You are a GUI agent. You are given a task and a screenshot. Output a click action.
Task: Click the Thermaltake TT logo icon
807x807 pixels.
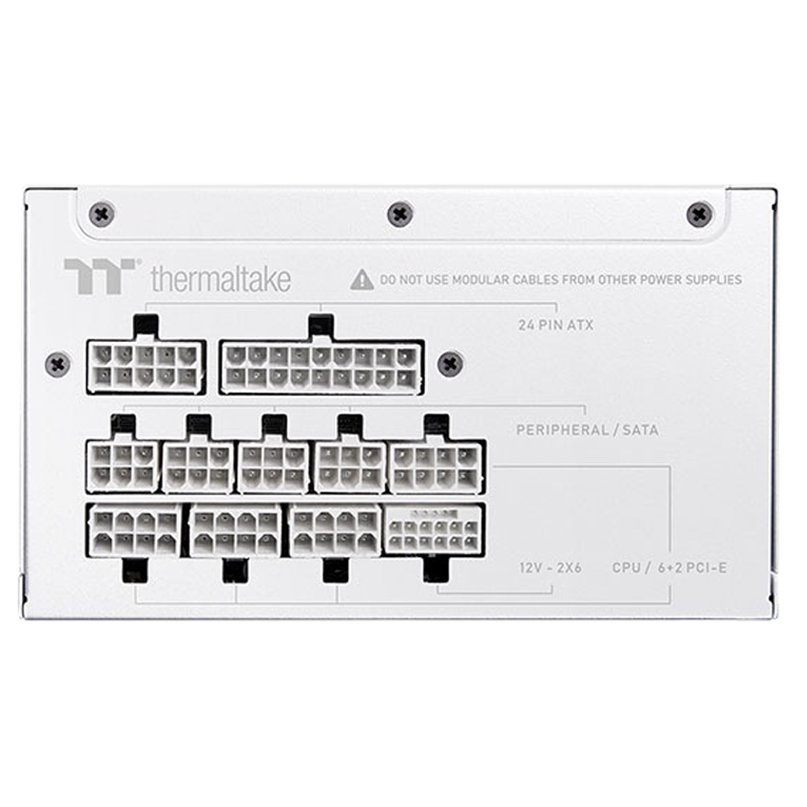[x=100, y=276]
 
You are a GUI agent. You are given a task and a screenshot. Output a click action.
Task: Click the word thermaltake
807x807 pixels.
[x=221, y=278]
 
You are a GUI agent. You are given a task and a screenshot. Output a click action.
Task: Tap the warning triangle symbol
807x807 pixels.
[x=362, y=279]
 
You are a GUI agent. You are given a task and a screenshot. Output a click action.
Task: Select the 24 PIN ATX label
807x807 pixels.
[x=556, y=325]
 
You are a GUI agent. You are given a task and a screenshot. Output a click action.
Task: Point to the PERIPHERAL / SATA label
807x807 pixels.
[x=587, y=430]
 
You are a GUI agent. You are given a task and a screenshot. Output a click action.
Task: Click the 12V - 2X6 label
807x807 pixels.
[x=550, y=567]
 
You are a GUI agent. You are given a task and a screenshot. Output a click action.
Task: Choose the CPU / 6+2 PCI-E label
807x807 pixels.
[x=670, y=567]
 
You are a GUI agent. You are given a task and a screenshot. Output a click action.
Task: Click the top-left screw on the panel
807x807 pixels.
[x=102, y=213]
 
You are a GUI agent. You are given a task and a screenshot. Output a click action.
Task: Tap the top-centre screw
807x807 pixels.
[x=400, y=214]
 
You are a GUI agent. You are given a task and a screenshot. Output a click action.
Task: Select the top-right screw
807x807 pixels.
[x=700, y=214]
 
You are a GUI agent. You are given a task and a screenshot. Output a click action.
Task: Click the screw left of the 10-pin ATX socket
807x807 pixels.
[x=57, y=365]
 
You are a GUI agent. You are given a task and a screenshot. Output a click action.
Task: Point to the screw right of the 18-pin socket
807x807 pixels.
[x=449, y=364]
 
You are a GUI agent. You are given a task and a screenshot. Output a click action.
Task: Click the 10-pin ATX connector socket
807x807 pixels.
[x=146, y=367]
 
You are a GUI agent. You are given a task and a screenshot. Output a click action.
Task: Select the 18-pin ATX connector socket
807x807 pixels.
[x=322, y=367]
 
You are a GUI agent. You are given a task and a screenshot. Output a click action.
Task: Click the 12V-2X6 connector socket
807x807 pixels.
[x=434, y=529]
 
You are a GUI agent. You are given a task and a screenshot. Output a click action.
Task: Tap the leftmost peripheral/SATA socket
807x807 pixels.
[x=123, y=466]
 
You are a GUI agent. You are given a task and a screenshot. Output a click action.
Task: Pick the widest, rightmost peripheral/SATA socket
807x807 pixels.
[x=437, y=467]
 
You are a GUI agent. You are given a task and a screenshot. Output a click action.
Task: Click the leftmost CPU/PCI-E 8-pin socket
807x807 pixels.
[x=135, y=530]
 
